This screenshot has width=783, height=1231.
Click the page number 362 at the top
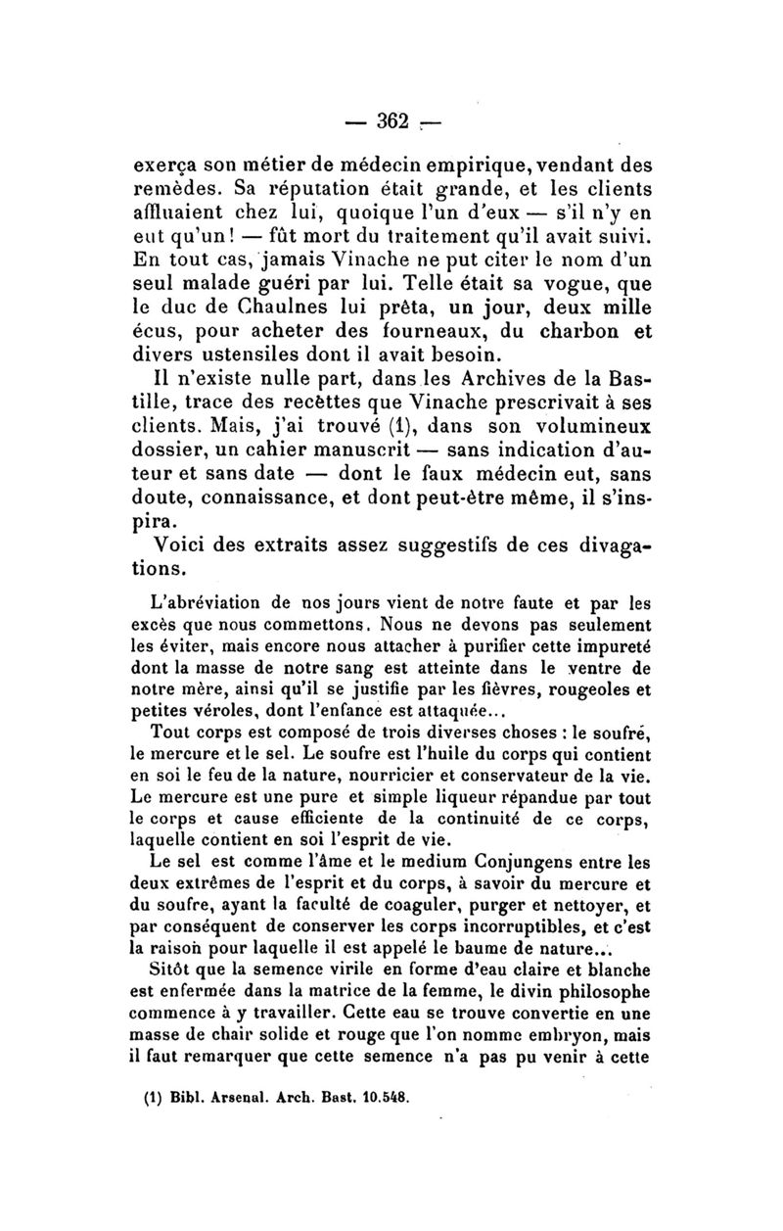click(x=391, y=121)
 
